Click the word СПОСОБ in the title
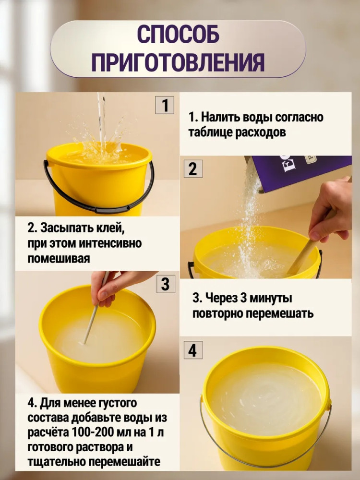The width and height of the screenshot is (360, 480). tap(178, 34)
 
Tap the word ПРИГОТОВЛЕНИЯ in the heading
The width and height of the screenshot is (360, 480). tap(178, 62)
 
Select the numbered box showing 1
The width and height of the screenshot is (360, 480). tap(164, 105)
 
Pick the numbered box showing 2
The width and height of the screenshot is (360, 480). tap(192, 169)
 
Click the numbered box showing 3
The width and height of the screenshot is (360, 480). tap(166, 284)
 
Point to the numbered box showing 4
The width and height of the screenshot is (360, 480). tap(193, 350)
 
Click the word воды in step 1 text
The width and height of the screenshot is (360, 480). tap(257, 117)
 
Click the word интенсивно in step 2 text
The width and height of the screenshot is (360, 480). tap(110, 243)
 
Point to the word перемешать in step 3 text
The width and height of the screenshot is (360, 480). tap(280, 313)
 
